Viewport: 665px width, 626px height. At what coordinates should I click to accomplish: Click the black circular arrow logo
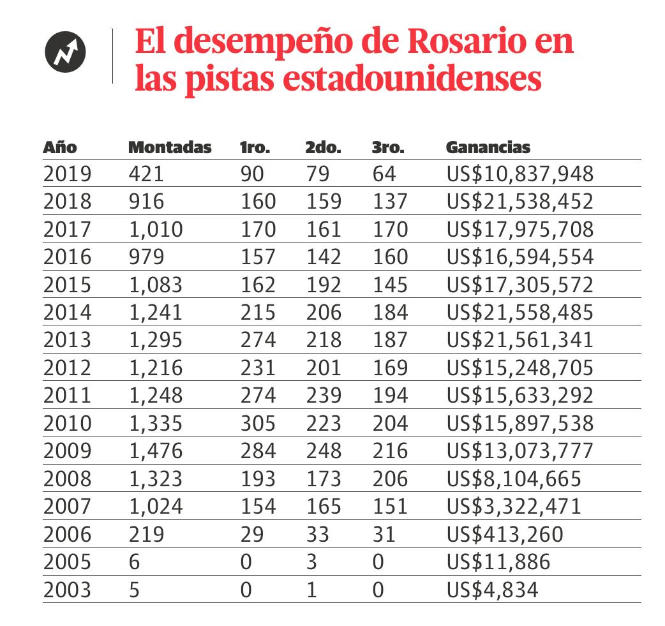coord(66,51)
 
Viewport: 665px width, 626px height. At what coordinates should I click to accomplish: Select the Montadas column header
coord(170,147)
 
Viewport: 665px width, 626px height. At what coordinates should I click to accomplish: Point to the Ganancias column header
coord(488,147)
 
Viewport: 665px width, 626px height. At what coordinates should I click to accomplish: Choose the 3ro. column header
coord(388,147)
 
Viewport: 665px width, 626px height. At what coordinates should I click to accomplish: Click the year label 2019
coord(68,174)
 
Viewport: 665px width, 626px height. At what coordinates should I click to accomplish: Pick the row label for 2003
coord(68,590)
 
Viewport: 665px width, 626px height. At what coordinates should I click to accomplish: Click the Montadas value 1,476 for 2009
coord(156,451)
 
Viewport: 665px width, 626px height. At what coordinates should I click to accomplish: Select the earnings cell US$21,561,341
coord(519,340)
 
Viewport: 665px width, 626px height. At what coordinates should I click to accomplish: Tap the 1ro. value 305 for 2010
coord(258,423)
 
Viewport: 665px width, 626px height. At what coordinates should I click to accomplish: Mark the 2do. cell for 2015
coord(324,285)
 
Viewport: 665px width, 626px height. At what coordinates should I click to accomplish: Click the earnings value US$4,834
coord(491,590)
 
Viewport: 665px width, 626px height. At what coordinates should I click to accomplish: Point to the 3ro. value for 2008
coord(389,479)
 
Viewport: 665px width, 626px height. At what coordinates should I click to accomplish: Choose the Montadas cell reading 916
coord(146,202)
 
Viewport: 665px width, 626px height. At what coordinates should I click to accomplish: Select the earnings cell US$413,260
coord(505,534)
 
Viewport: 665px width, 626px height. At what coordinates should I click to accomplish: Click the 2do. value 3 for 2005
coord(311,562)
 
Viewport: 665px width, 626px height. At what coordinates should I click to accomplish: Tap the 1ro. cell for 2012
coord(258,368)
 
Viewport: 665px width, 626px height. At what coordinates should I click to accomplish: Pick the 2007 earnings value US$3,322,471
coord(514,507)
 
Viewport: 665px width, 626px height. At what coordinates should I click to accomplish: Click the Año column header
coord(60,147)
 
